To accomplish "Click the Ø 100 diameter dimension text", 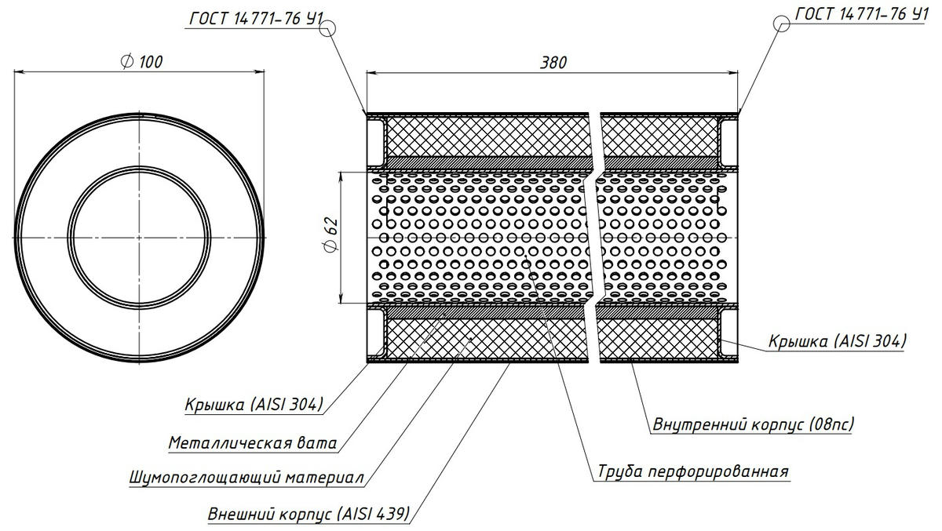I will pyautogui.click(x=142, y=62).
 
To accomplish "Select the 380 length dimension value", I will pyautogui.click(x=554, y=63).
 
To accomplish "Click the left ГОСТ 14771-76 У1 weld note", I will pyautogui.click(x=254, y=18).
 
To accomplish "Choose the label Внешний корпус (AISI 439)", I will pyautogui.click(x=309, y=515).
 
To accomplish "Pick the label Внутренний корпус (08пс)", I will pyautogui.click(x=753, y=425).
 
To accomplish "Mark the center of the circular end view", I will pyautogui.click(x=140, y=236).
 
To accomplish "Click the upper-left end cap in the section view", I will pyautogui.click(x=375, y=139).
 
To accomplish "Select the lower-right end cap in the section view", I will pyautogui.click(x=729, y=335).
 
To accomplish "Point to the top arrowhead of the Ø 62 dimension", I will pyautogui.click(x=342, y=173).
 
